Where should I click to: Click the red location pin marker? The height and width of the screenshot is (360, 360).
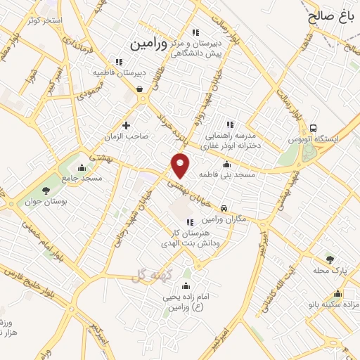pyautogui.click(x=181, y=165)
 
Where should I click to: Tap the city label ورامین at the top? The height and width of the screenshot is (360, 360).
pyautogui.click(x=149, y=43)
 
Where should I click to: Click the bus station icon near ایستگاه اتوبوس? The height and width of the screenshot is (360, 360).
pyautogui.click(x=313, y=129)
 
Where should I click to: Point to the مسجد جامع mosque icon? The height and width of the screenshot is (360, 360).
pyautogui.click(x=82, y=167)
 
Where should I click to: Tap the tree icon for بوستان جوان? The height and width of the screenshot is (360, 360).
pyautogui.click(x=46, y=190)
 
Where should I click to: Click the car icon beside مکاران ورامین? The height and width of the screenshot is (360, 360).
pyautogui.click(x=224, y=208)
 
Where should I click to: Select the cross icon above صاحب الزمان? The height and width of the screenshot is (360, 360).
pyautogui.click(x=127, y=126)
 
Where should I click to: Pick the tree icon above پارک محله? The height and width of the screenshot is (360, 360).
pyautogui.click(x=329, y=259)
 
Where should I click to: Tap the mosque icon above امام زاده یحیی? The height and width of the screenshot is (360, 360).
pyautogui.click(x=186, y=285)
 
